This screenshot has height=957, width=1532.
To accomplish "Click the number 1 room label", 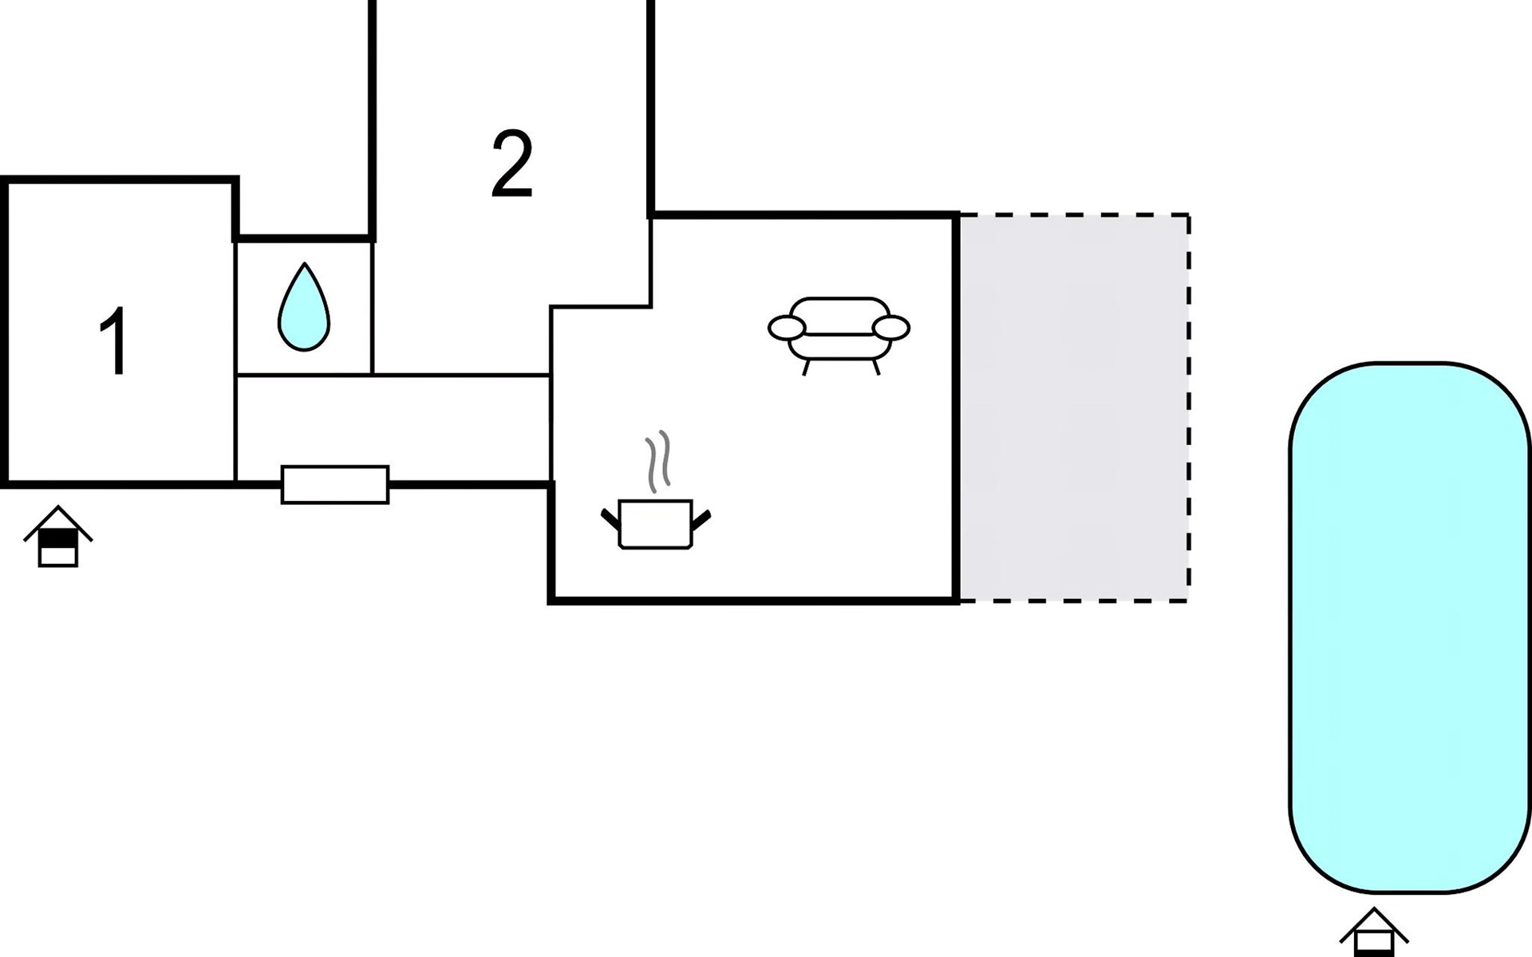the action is coord(114,341).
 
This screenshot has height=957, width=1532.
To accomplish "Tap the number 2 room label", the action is coord(511,164).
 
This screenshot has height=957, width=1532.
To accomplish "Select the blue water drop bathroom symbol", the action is coord(303,306).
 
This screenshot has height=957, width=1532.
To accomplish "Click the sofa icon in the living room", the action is coord(839,336).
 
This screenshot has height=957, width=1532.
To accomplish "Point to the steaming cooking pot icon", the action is coord(656,490).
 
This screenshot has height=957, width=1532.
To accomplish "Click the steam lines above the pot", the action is coord(657,462).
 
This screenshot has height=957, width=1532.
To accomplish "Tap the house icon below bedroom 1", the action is coord(58,537).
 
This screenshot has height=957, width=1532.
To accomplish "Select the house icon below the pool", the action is coord(1374,932).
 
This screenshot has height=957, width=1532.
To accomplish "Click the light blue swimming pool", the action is coord(1410,628).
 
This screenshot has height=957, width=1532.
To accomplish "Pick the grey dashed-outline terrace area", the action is coord(1074,408).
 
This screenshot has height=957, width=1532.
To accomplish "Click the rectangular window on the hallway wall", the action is coord(335,485).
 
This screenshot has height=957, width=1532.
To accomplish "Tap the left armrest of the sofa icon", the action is coord(787,328).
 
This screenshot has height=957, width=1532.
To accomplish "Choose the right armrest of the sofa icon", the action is coord(891,328).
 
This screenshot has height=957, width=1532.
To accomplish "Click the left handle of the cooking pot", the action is coord(610,519).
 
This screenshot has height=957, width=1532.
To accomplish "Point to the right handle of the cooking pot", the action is coord(701,519).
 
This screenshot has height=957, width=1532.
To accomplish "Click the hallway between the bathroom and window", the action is coord(393,428).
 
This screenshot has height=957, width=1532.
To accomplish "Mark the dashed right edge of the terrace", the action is coord(1189,408).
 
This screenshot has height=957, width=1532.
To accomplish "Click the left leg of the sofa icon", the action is coord(806,368).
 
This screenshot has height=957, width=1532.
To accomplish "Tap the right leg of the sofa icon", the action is coord(876,368).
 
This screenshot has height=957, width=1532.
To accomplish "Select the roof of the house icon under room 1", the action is coord(58,522).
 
